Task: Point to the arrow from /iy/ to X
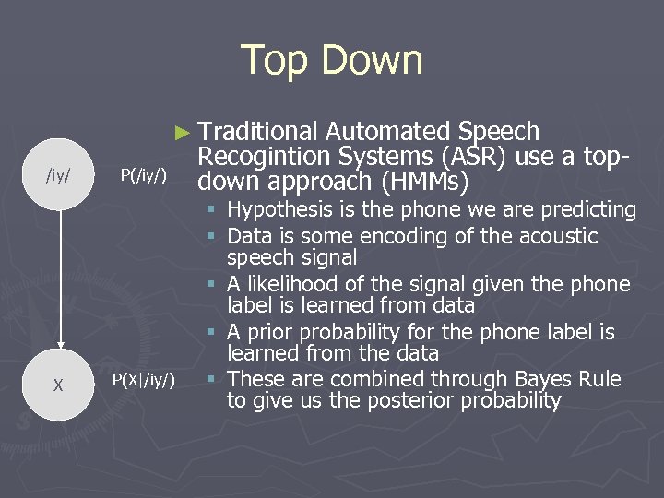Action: [59, 277]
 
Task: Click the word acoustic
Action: [553, 236]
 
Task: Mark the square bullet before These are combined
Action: [212, 380]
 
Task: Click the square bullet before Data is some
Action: [212, 237]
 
